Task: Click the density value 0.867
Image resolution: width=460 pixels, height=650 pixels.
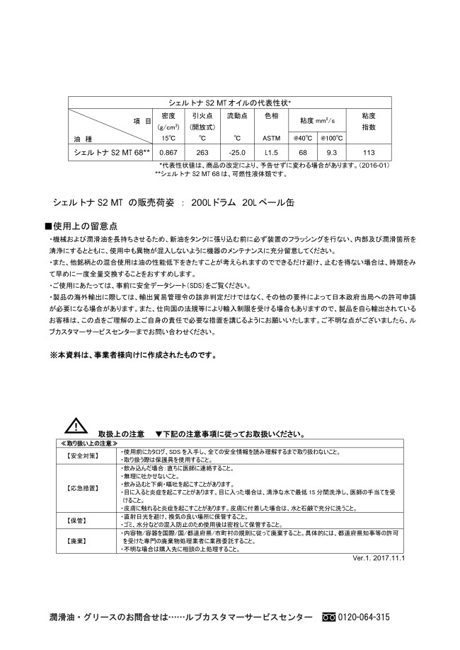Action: (x=168, y=152)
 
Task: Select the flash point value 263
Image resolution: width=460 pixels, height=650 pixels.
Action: (x=202, y=152)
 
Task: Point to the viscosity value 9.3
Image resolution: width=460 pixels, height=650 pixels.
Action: (x=332, y=152)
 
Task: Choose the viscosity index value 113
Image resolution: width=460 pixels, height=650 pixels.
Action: (x=368, y=152)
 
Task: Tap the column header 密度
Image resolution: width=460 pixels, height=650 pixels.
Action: (x=168, y=115)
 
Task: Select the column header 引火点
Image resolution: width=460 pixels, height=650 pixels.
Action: (x=202, y=115)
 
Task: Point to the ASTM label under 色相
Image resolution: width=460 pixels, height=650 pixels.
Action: (x=271, y=139)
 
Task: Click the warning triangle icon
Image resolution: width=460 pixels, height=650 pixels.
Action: (x=75, y=426)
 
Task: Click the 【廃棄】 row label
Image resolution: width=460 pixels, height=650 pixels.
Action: (x=77, y=540)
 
